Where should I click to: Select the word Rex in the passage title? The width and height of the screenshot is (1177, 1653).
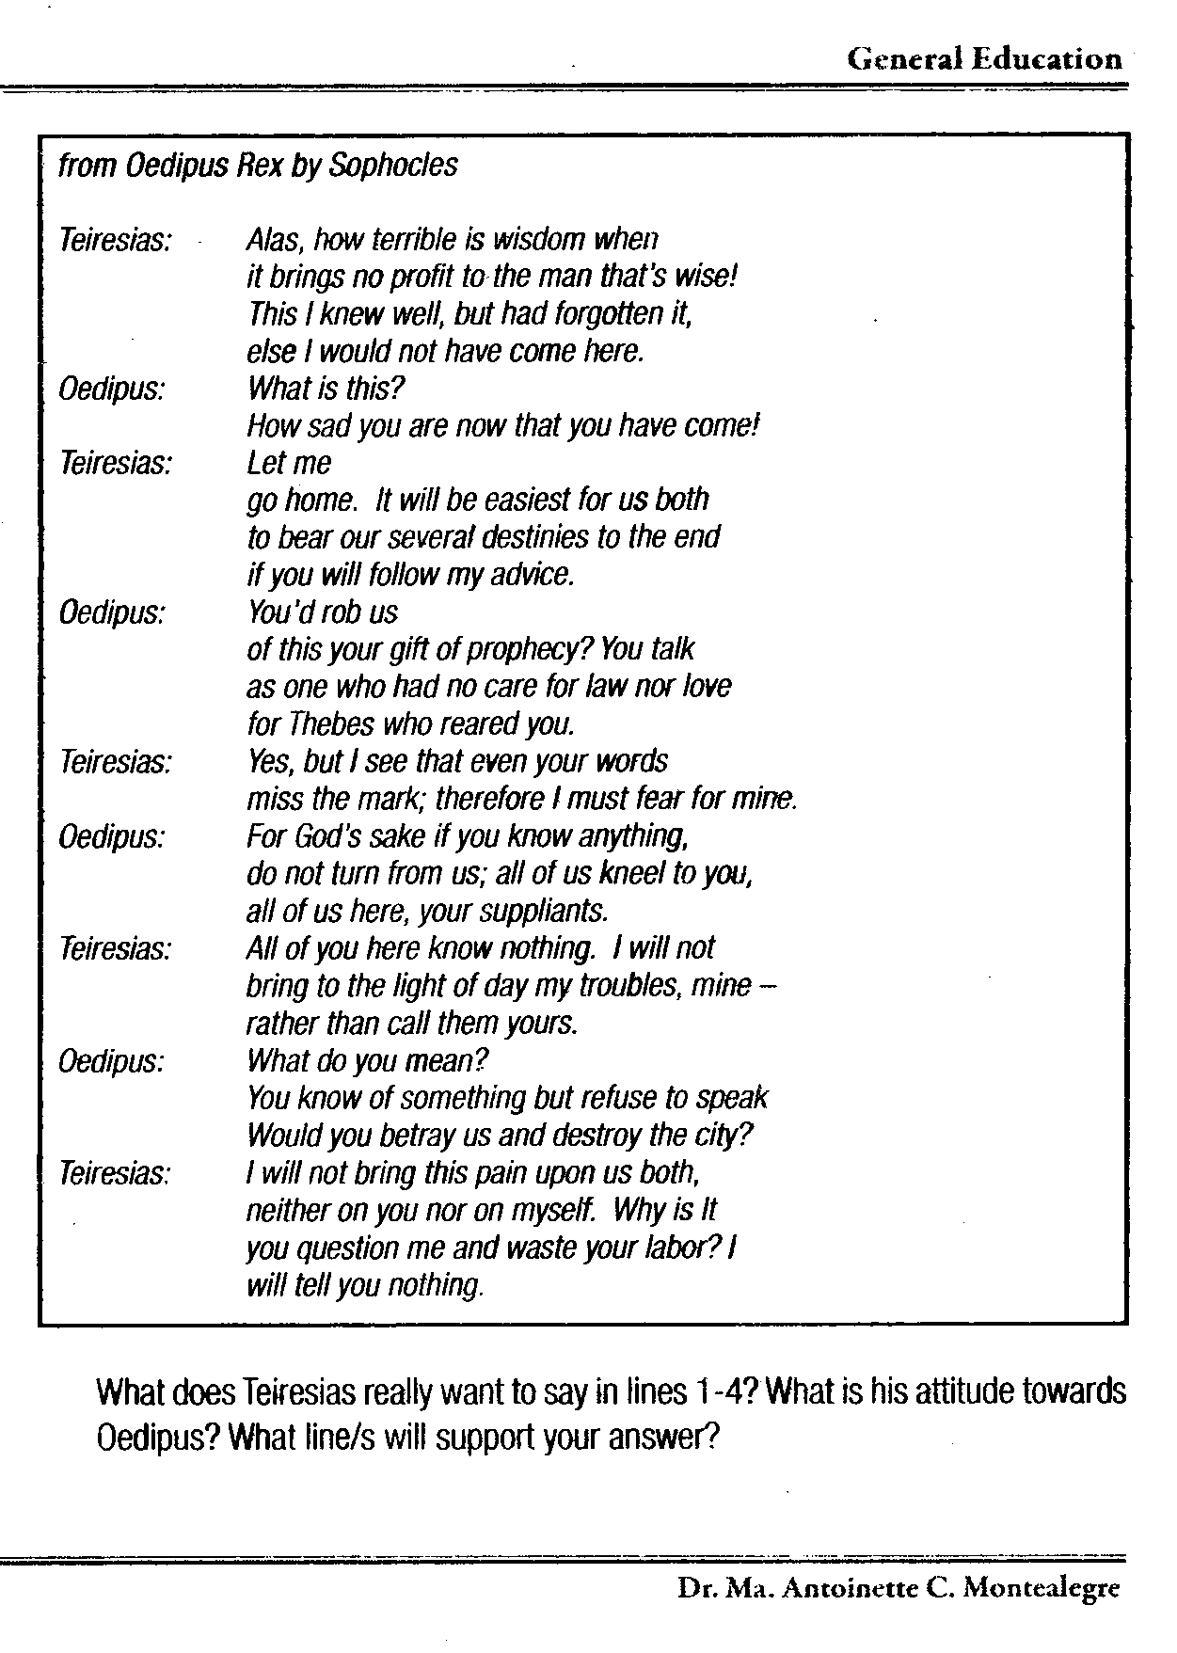[x=260, y=166]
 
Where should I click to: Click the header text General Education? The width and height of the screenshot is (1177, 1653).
[x=984, y=59]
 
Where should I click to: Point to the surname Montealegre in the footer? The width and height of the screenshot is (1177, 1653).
[x=1042, y=1588]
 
